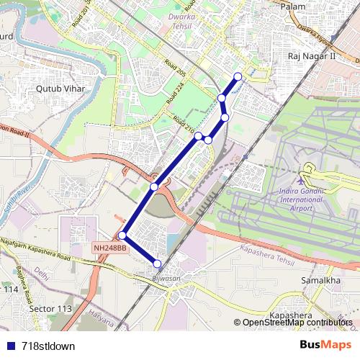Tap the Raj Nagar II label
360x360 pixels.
[x=310, y=55]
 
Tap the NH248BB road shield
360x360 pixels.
[x=109, y=248]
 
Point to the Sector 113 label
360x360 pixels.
[x=51, y=309]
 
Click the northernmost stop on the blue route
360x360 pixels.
[x=238, y=77]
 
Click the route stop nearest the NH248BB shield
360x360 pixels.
[x=122, y=235]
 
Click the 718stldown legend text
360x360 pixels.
[x=48, y=346]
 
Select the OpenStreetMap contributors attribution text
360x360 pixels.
[x=297, y=322]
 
